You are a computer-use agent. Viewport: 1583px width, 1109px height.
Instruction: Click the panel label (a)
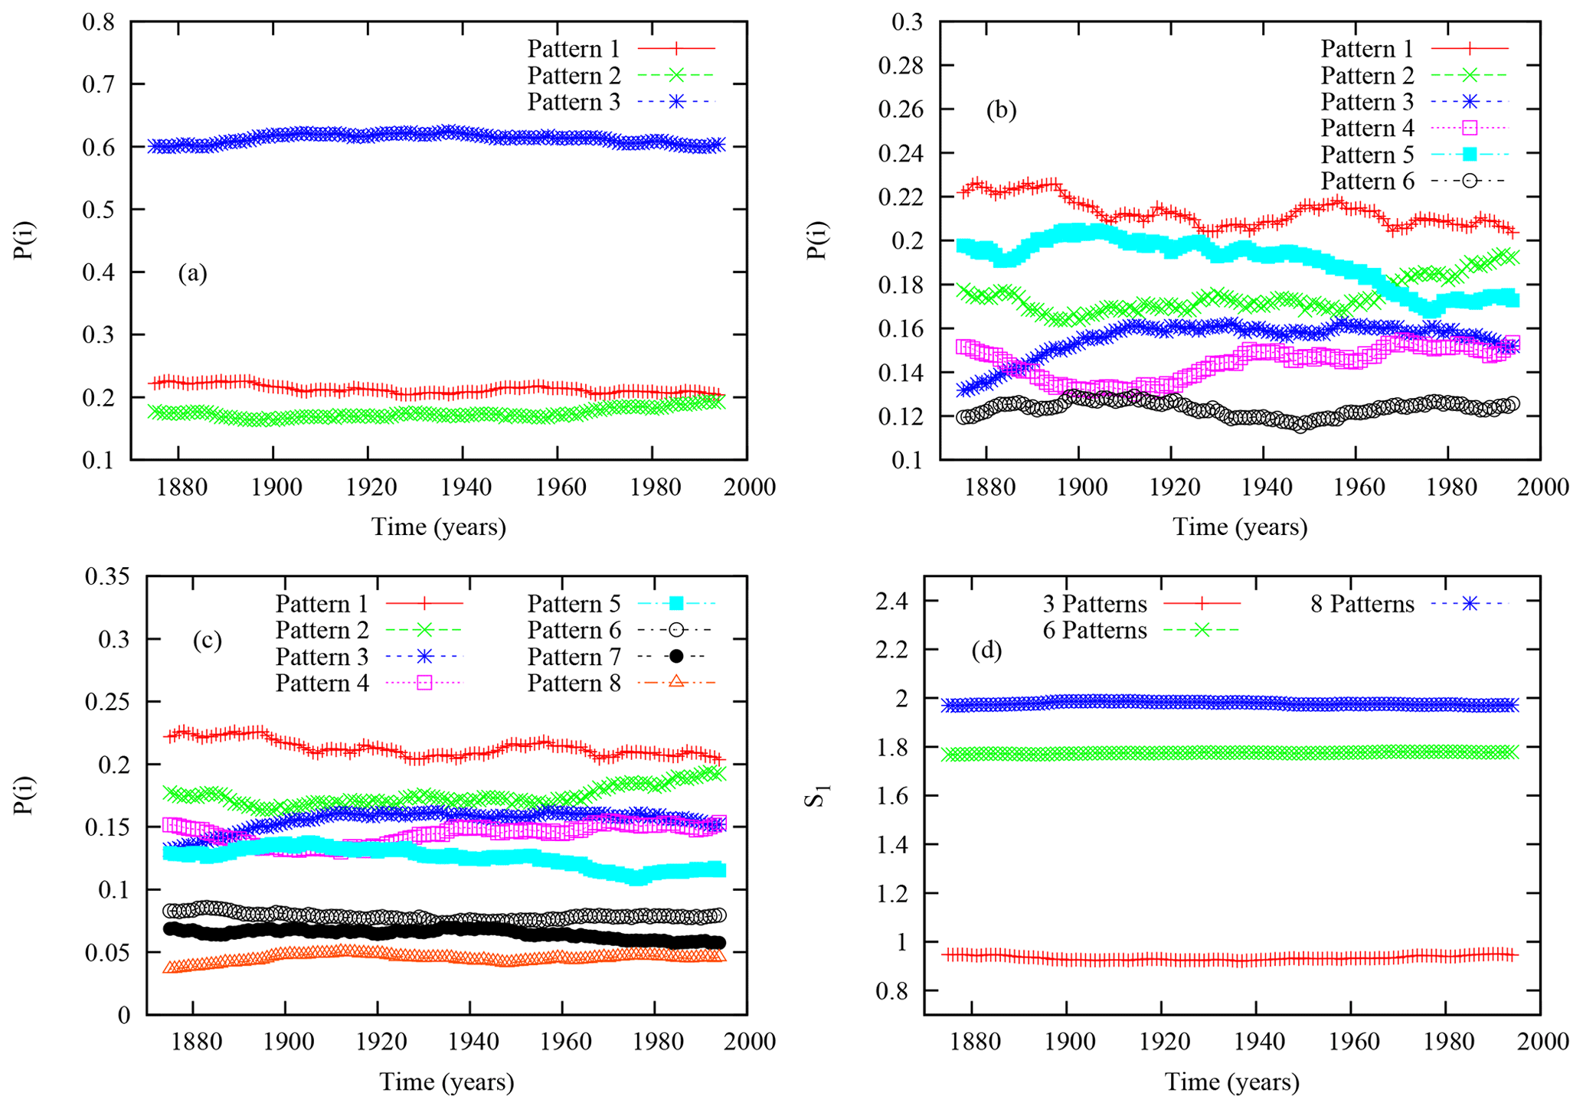[192, 273]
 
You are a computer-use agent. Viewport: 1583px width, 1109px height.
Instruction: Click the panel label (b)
[1001, 110]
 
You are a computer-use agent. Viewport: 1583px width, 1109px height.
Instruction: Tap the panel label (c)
[207, 640]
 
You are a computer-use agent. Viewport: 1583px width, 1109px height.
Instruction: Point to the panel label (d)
[986, 651]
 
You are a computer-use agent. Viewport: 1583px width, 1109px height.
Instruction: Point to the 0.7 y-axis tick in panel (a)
[99, 84]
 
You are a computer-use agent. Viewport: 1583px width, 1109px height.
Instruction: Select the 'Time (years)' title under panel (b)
[1239, 527]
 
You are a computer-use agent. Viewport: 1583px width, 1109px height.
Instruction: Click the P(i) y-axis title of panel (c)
[25, 795]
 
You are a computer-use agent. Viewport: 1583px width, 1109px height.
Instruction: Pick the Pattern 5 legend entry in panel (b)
[1367, 155]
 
